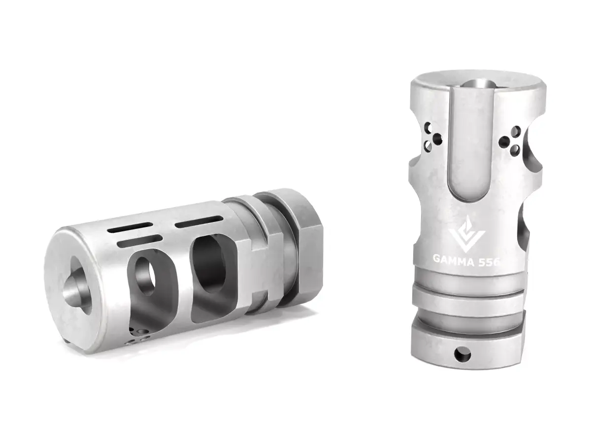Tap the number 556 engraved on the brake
point(489,262)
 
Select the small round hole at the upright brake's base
point(462,352)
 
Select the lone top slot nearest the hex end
point(197,222)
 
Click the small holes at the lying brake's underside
point(138,337)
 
